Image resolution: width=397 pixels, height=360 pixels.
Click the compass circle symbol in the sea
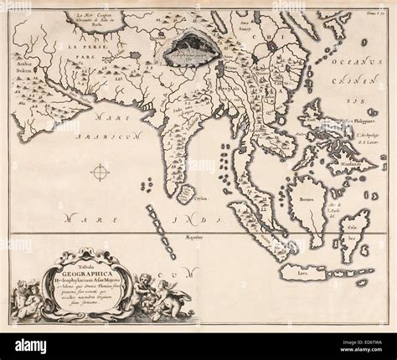(101, 173)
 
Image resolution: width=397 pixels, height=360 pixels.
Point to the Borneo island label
(303, 201)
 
